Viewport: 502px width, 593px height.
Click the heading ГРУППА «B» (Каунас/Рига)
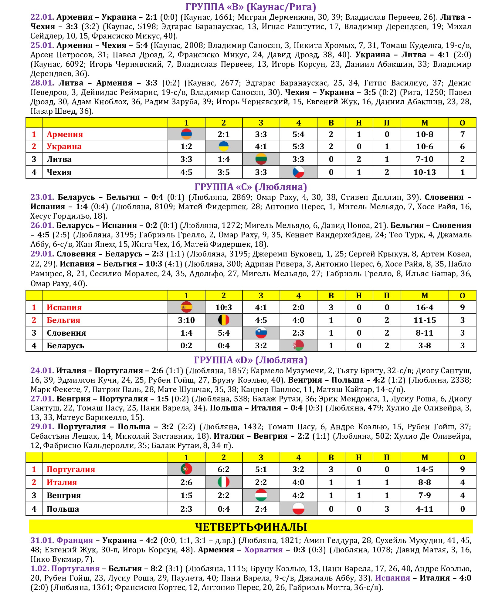(x=251, y=7)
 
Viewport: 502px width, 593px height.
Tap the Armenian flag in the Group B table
(x=186, y=134)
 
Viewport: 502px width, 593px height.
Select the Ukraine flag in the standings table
(x=224, y=146)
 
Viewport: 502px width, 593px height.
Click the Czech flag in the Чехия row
(x=298, y=172)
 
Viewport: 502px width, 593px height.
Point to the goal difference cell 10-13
(x=424, y=172)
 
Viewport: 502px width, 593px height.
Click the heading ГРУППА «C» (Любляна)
(x=251, y=187)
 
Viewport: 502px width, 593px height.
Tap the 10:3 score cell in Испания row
(x=224, y=307)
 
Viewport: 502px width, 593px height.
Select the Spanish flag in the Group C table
(x=186, y=307)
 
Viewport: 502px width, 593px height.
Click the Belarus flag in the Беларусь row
(x=298, y=345)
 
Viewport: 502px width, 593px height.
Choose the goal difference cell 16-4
(x=424, y=307)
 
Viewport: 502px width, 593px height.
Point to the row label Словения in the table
(x=66, y=333)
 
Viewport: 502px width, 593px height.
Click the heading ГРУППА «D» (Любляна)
(x=251, y=360)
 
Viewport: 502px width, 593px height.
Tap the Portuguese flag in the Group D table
(x=186, y=469)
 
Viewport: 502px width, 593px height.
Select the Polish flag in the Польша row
(x=298, y=509)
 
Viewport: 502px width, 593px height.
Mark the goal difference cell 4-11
(x=424, y=509)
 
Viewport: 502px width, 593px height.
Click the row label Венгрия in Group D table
(x=64, y=495)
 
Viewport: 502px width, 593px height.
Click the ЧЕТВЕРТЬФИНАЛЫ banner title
(x=251, y=527)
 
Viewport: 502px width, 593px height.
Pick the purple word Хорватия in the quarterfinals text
(x=263, y=550)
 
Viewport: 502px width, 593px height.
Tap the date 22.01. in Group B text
(x=42, y=17)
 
